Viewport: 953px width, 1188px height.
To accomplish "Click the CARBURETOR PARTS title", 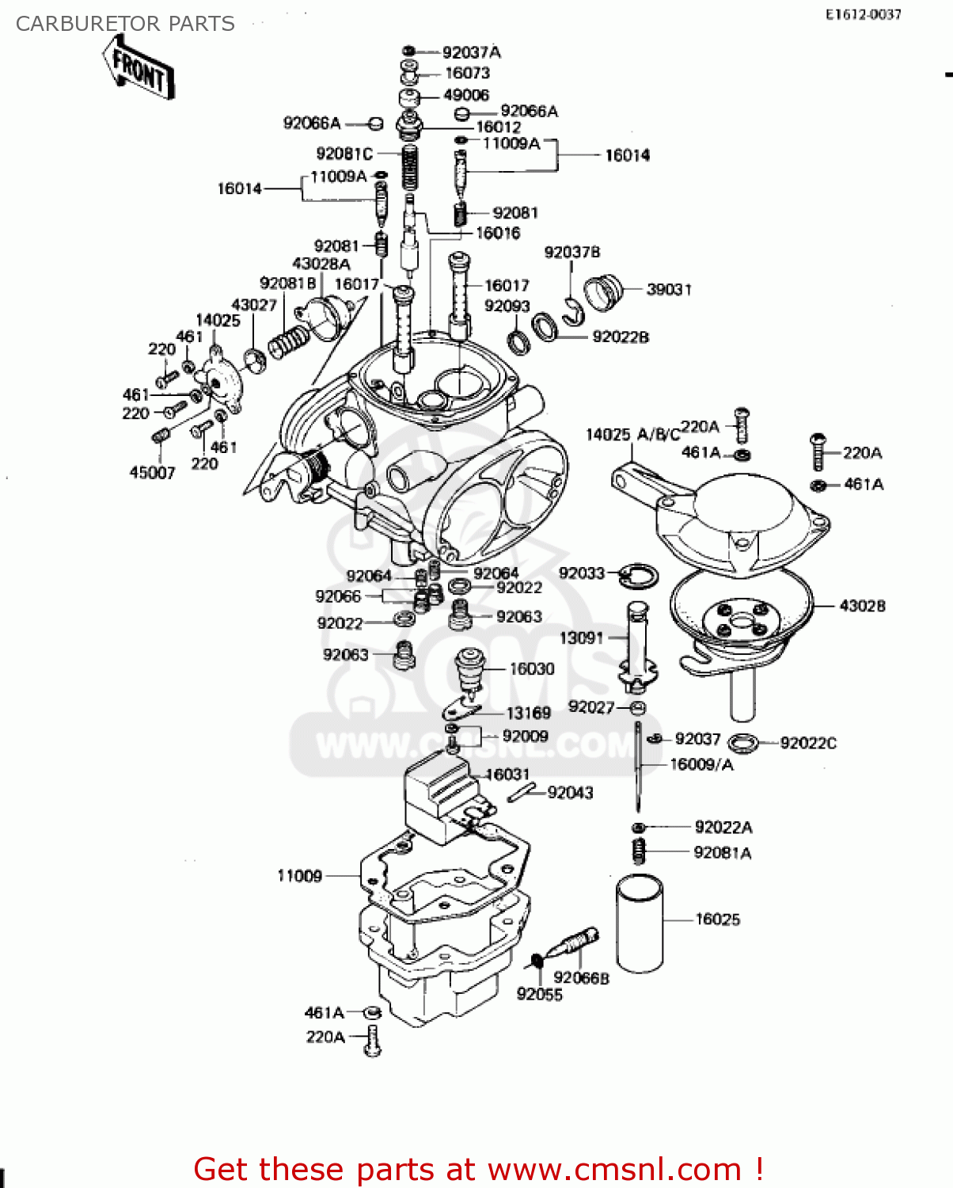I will (x=125, y=24).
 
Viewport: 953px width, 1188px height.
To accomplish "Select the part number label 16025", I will (x=717, y=919).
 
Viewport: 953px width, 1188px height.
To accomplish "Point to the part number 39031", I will (x=669, y=289).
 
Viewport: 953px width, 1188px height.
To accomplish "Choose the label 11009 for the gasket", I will (x=299, y=875).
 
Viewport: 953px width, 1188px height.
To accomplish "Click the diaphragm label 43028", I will (x=862, y=606).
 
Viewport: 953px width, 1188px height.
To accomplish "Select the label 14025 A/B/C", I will (x=632, y=434).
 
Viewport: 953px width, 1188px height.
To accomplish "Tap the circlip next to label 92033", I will (x=637, y=576).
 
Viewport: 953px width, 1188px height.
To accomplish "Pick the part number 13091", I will (x=581, y=638).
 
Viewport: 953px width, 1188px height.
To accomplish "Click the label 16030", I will (x=531, y=668).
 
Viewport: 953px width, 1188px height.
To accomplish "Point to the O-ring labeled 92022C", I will (x=742, y=743).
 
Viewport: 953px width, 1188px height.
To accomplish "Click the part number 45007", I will (x=152, y=473).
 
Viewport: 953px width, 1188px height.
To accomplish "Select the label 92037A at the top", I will (x=471, y=52).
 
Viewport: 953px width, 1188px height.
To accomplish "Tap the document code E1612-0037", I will (x=863, y=14).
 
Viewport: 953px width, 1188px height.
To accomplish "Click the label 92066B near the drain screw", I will (x=581, y=978).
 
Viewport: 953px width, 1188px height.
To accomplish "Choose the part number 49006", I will (x=465, y=95).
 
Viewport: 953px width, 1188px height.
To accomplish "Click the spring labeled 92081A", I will (x=639, y=851).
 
